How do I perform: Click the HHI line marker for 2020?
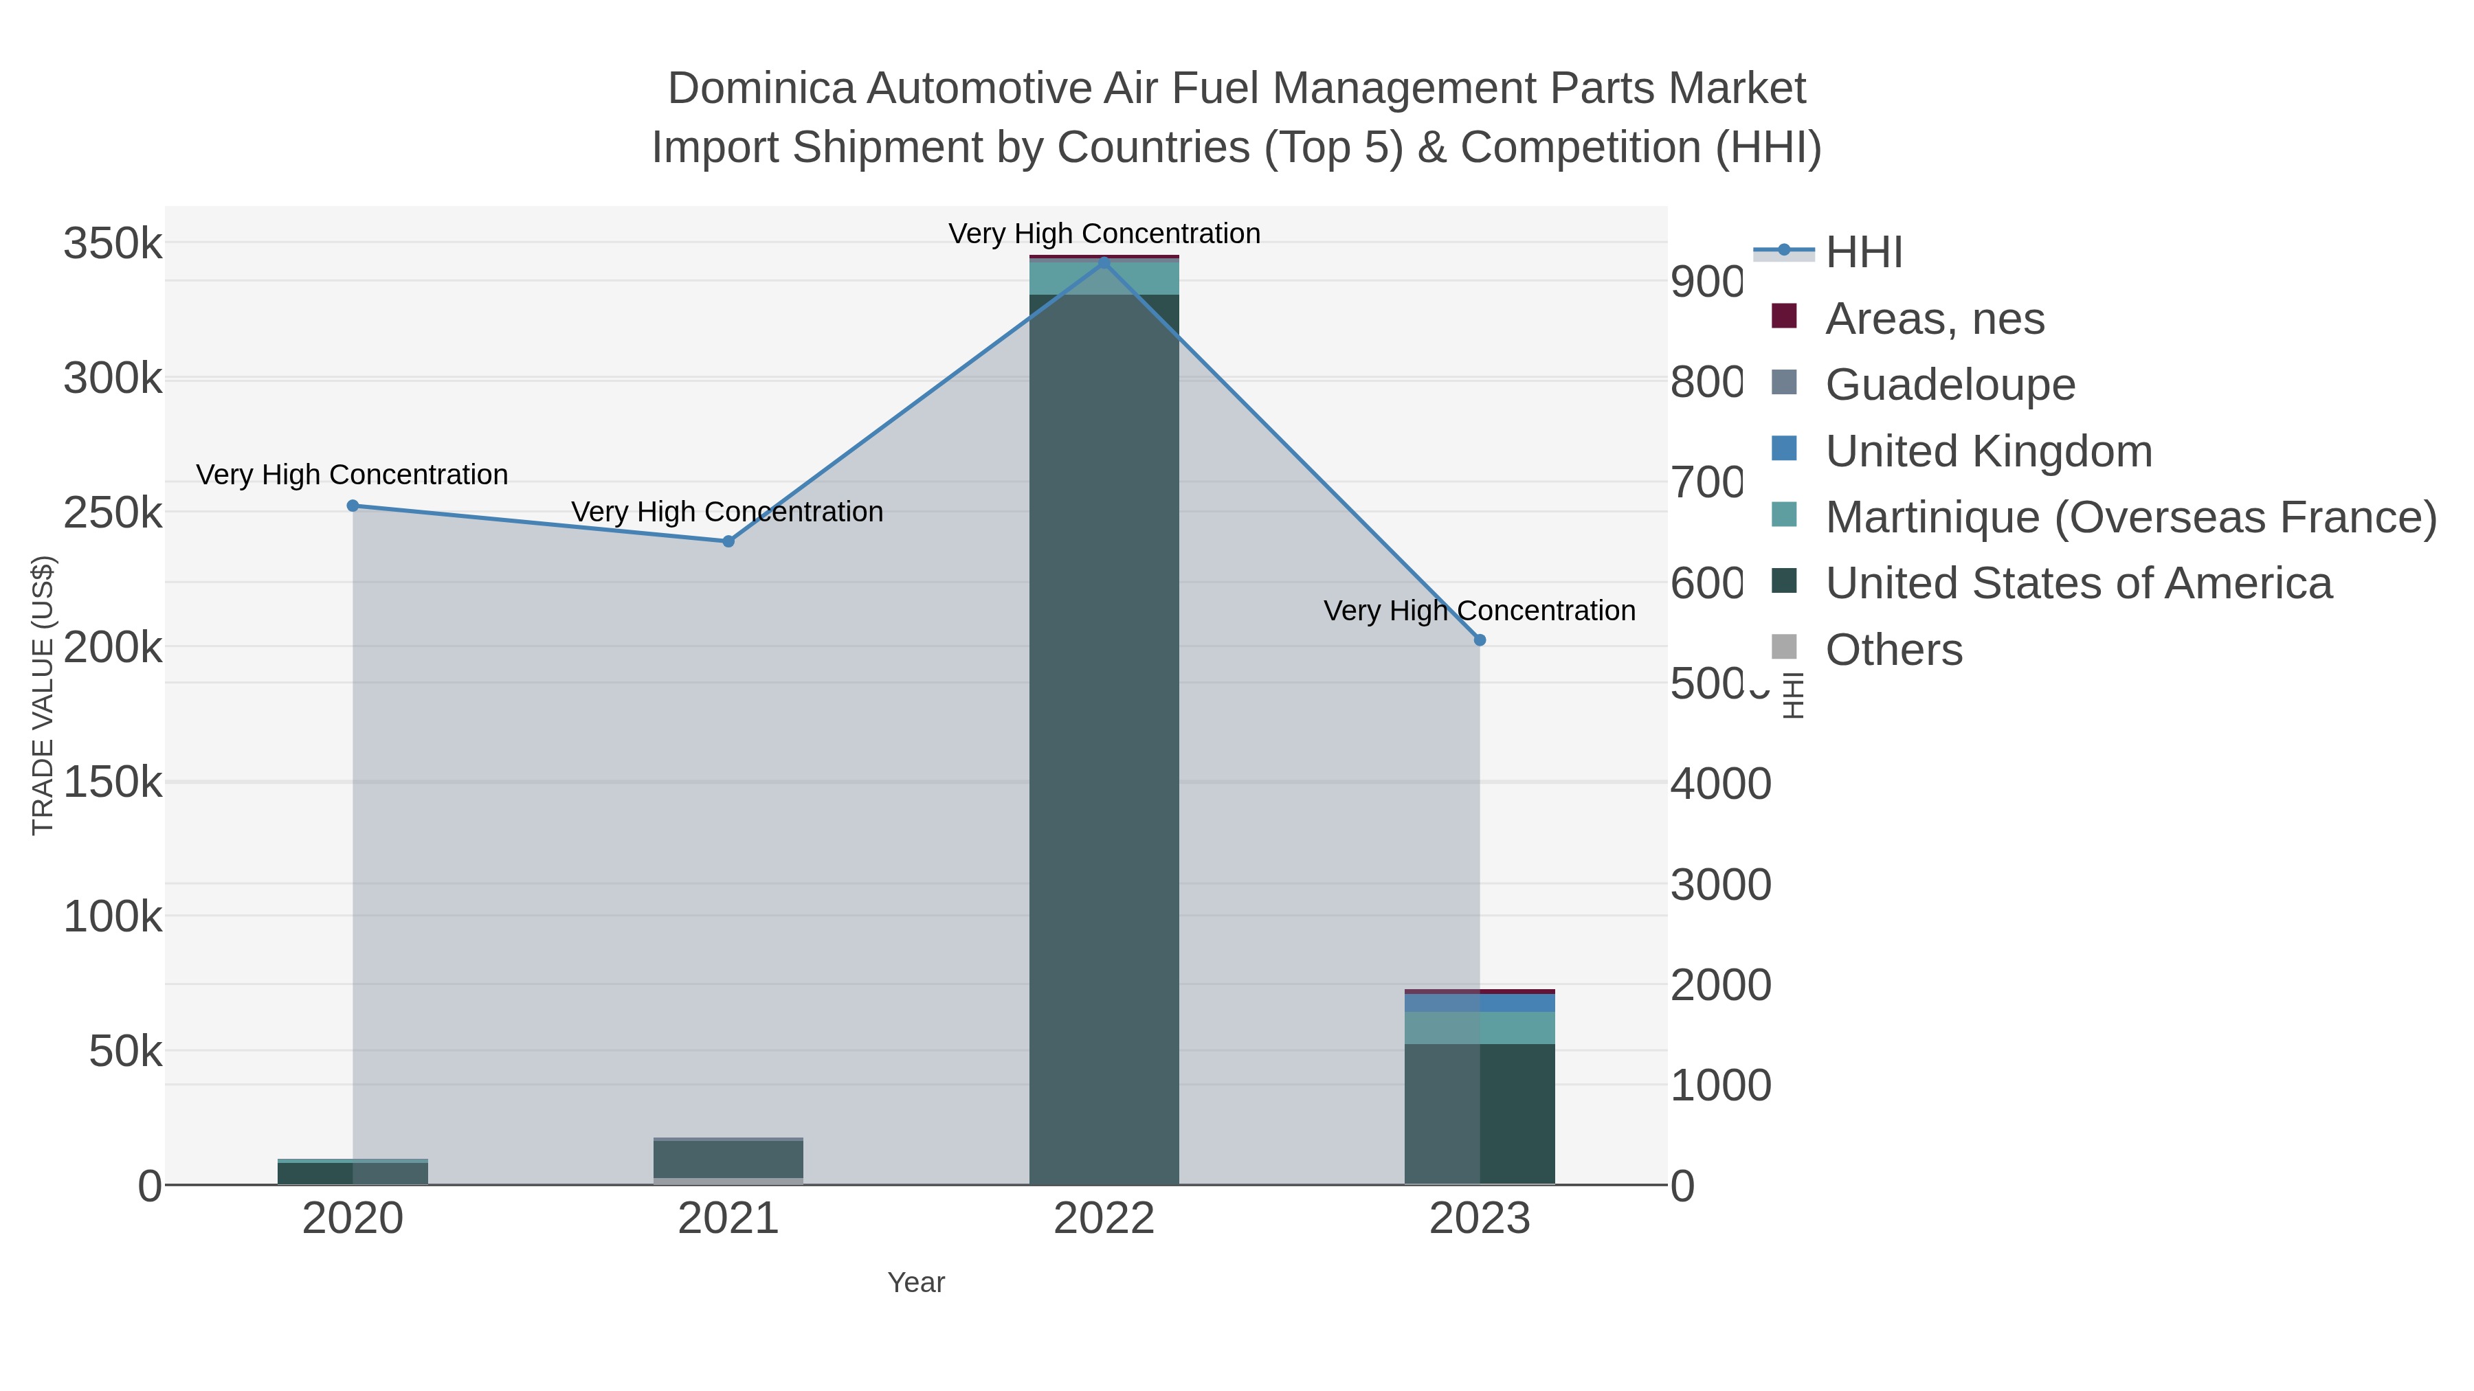coord(353,506)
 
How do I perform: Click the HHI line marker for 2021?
coord(728,541)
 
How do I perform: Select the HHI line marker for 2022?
coord(1104,262)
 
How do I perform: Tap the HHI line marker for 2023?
coord(1479,640)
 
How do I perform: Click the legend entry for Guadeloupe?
coord(1950,385)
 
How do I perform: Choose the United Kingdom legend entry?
coord(1988,451)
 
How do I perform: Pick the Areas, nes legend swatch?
coord(1783,317)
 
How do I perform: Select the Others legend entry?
coord(1893,650)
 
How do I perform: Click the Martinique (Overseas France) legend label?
coord(2130,517)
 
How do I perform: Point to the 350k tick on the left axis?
coord(113,244)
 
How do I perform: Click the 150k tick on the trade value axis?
coord(113,782)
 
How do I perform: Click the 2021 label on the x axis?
coord(728,1219)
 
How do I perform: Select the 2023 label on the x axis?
coord(1479,1219)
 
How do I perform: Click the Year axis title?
coord(916,1282)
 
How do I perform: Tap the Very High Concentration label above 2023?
coord(1479,611)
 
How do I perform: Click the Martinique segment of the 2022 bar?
coord(1104,278)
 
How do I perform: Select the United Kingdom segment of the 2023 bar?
coord(1479,1003)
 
